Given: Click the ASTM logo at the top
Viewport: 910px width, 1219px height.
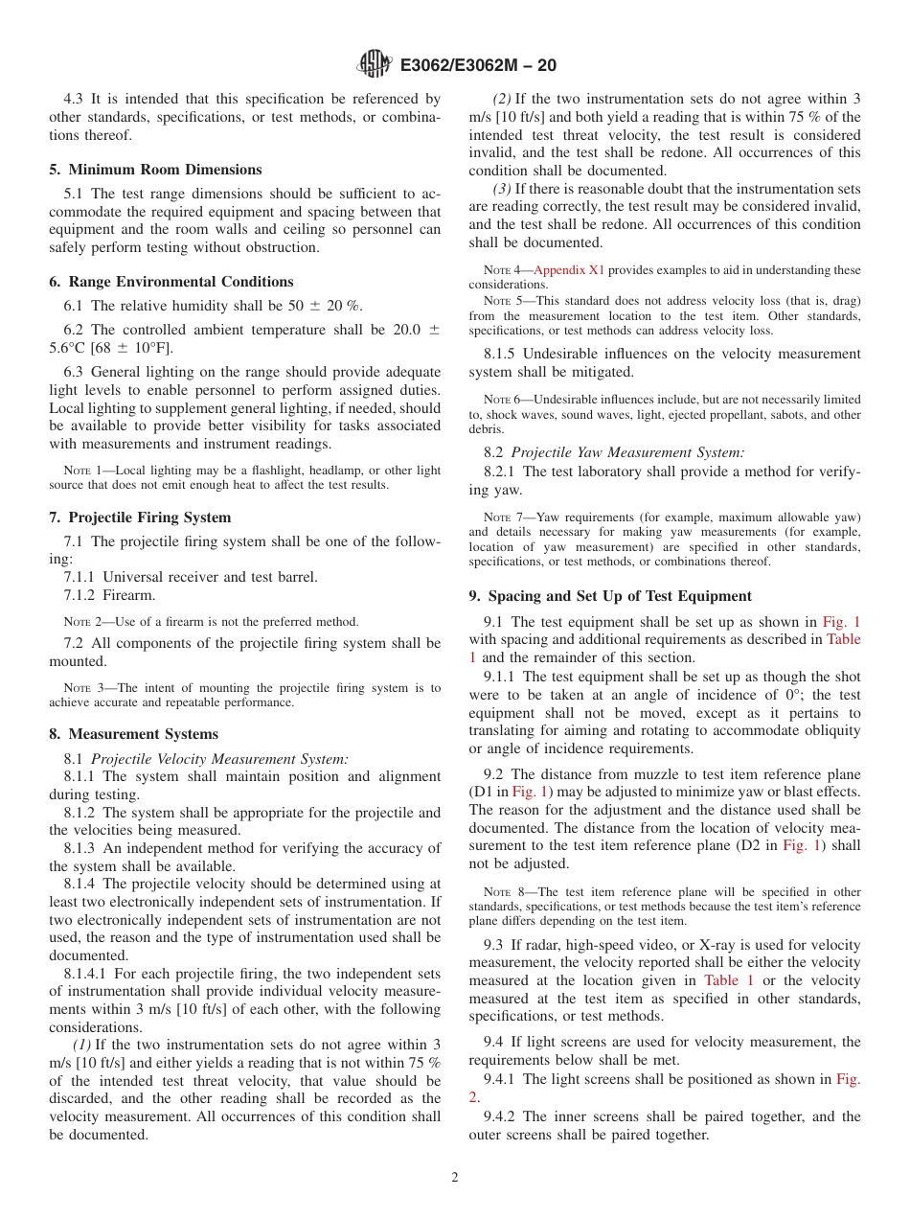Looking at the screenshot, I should pos(374,64).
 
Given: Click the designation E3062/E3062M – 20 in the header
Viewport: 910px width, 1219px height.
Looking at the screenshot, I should pos(477,65).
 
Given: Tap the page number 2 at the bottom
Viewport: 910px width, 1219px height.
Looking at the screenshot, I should pos(455,1178).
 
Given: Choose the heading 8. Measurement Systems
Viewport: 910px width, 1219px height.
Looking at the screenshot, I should pos(133,734).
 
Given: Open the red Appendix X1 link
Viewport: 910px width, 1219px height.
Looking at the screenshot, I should pos(569,270).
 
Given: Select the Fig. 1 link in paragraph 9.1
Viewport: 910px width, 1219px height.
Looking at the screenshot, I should pos(841,622).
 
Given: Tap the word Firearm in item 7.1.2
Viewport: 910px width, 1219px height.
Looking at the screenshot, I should pos(128,595).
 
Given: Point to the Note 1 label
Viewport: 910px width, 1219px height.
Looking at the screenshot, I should pos(80,471).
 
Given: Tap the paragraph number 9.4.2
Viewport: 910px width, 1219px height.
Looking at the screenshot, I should pos(504,1116).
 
